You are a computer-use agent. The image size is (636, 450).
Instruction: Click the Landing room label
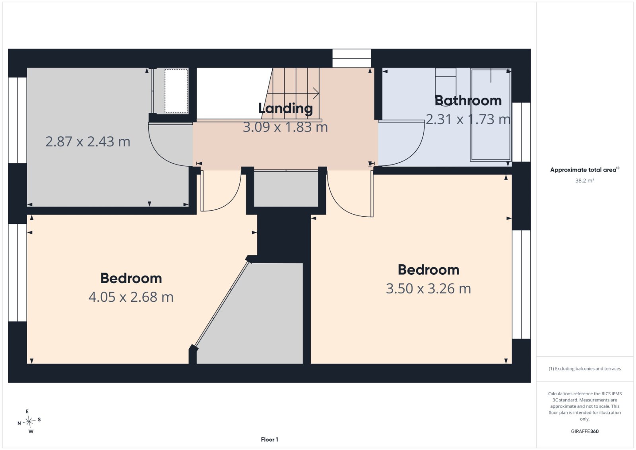pyautogui.click(x=285, y=109)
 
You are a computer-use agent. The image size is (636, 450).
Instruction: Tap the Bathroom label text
pyautogui.click(x=468, y=101)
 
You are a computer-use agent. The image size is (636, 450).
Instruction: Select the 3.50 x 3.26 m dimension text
pyautogui.click(x=429, y=289)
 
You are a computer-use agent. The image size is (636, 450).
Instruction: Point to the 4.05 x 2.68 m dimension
pyautogui.click(x=131, y=297)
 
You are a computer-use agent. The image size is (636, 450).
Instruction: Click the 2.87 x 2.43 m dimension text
pyautogui.click(x=88, y=142)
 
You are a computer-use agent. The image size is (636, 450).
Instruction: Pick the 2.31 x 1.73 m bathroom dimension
pyautogui.click(x=468, y=119)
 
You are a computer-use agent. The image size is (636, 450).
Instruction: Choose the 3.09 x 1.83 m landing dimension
pyautogui.click(x=285, y=127)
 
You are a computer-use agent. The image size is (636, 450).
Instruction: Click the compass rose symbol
pyautogui.click(x=29, y=421)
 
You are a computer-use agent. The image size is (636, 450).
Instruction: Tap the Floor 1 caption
pyautogui.click(x=270, y=440)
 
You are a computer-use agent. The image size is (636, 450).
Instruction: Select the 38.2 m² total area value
pyautogui.click(x=585, y=180)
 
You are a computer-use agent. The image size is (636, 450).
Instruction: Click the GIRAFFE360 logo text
pyautogui.click(x=585, y=431)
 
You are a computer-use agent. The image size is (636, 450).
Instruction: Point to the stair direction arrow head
pyautogui.click(x=316, y=93)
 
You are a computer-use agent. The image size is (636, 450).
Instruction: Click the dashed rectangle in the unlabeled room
pyautogui.click(x=176, y=91)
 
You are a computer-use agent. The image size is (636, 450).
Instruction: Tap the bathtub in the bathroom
pyautogui.click(x=491, y=115)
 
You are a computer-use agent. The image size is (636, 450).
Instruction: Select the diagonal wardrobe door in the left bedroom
pyautogui.click(x=221, y=304)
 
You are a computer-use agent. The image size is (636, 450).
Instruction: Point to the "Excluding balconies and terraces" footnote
pyautogui.click(x=585, y=369)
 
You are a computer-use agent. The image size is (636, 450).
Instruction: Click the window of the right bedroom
pyautogui.click(x=521, y=285)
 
